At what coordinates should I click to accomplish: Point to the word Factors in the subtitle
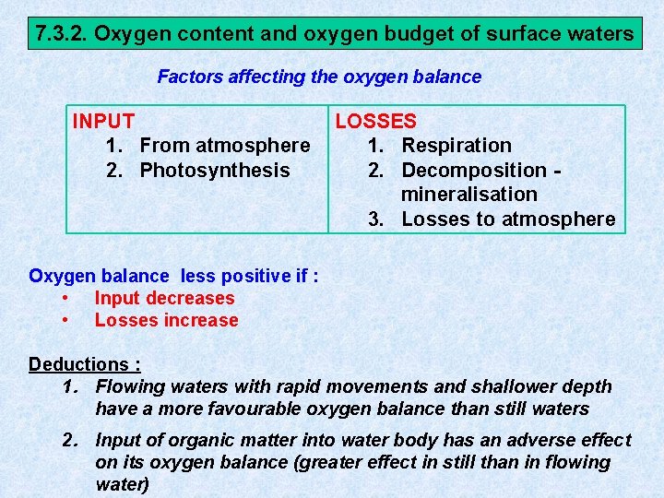188,77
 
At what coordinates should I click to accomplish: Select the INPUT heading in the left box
103,121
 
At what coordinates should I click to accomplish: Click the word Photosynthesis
215,170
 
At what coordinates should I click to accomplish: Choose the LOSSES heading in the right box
375,121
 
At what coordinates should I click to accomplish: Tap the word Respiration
456,146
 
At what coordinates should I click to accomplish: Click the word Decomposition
474,170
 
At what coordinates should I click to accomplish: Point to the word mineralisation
469,195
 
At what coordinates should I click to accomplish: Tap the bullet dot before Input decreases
65,298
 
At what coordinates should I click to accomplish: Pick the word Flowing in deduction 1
129,387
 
